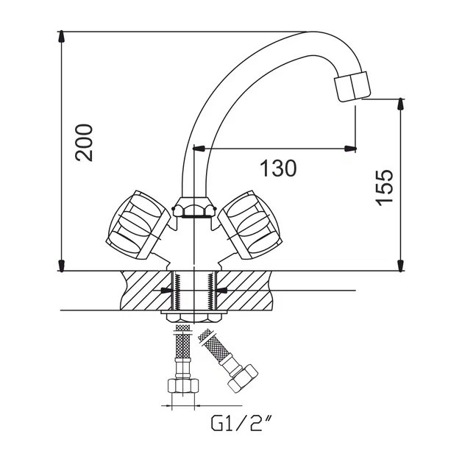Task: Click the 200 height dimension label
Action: point(84,143)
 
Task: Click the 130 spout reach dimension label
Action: point(278,168)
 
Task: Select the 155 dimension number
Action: point(384,188)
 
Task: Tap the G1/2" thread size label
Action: point(241,423)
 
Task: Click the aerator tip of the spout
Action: point(352,86)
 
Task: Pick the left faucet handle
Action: point(138,225)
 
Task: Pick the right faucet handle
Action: point(250,225)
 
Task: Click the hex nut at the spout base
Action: point(194,207)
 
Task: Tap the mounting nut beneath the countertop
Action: point(194,317)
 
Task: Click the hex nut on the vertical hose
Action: point(182,385)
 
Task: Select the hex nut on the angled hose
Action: point(243,379)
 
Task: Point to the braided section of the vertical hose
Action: point(182,342)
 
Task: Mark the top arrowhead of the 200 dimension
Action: point(61,36)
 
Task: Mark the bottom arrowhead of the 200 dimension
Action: point(61,266)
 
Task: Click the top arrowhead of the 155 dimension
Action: point(400,104)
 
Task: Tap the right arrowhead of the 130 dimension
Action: point(350,149)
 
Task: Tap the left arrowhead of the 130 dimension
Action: point(199,149)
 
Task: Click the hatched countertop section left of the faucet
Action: point(146,291)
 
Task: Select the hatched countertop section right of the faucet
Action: point(244,291)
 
